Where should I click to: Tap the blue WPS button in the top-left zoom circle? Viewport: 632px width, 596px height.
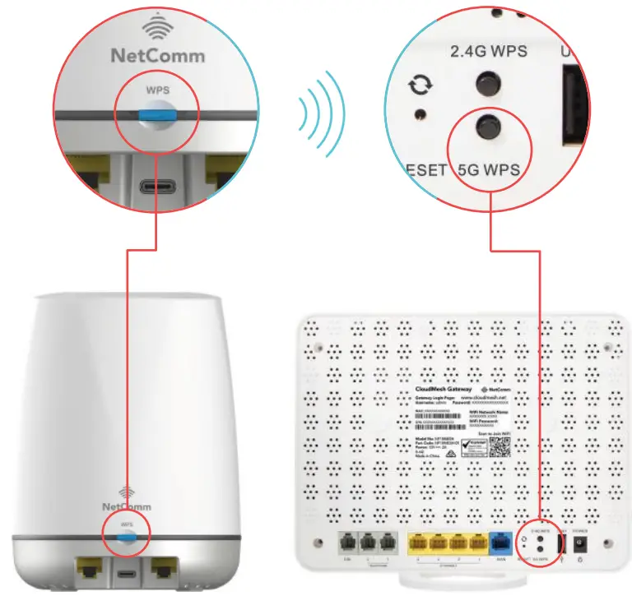click(155, 115)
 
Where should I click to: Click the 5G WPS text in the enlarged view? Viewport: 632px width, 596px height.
click(490, 171)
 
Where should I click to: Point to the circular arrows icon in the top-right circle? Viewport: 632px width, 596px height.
click(420, 85)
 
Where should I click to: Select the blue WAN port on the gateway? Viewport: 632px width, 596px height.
click(499, 543)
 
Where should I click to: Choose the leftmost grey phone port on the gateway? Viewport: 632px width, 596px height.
click(346, 543)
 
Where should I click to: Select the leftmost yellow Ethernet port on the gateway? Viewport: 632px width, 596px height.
click(418, 543)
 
